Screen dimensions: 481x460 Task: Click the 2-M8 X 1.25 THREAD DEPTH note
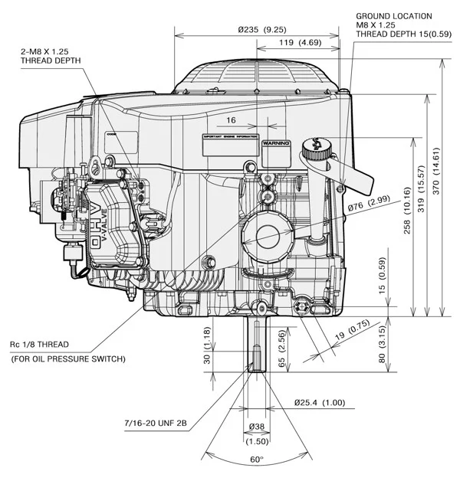coord(58,56)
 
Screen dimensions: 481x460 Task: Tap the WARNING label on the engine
coord(275,143)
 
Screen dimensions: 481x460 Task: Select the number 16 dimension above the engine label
coord(231,120)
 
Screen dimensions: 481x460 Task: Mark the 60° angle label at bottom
coord(256,459)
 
